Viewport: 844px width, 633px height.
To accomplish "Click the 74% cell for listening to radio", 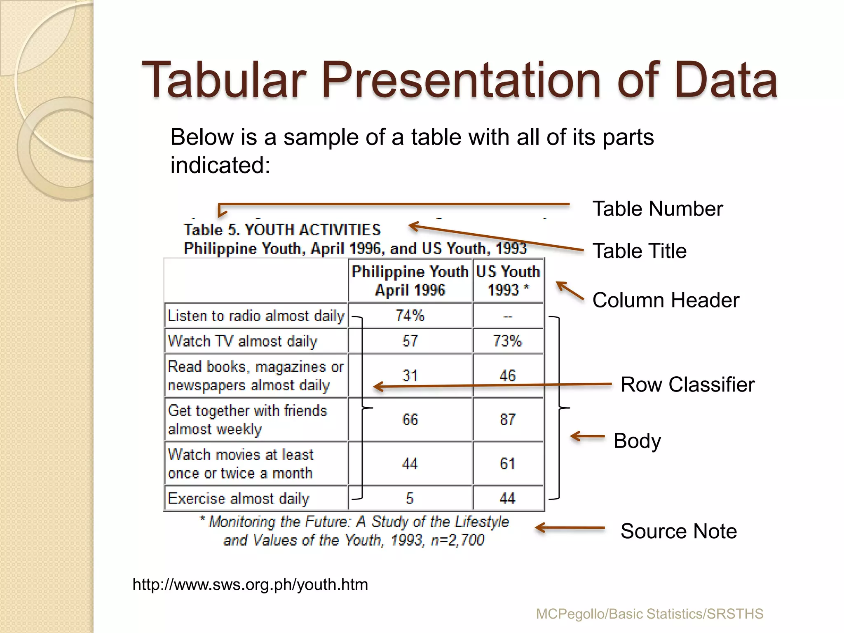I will [x=410, y=316].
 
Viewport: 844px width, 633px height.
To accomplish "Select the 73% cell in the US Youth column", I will [x=508, y=341].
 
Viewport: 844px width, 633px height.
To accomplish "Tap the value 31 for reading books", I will [x=410, y=375].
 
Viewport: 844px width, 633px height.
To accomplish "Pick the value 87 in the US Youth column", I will [x=508, y=420].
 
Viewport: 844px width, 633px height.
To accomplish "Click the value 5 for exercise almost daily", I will [x=410, y=498].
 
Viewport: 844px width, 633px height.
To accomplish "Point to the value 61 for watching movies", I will [x=508, y=464].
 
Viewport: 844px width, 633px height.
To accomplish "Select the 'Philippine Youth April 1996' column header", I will [x=410, y=281].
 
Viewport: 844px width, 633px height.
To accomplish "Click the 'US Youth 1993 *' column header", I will [x=508, y=281].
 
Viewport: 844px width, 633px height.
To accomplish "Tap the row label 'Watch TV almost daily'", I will [x=243, y=341].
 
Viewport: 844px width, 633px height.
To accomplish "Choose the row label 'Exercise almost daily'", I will [x=239, y=498].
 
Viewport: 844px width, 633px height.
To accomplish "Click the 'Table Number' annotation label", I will [x=657, y=209].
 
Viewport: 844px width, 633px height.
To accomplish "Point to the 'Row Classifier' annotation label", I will [x=687, y=384].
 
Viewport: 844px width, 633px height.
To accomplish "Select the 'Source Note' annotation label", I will [x=678, y=531].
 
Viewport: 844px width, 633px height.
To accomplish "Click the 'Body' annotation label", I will [x=637, y=441].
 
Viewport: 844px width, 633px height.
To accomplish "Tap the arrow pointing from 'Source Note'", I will [x=570, y=528].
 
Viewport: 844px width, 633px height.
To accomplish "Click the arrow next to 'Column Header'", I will [x=570, y=290].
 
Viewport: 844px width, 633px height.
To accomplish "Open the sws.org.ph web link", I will [x=250, y=584].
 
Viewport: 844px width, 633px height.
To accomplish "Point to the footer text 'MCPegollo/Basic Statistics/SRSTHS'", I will [x=649, y=614].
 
